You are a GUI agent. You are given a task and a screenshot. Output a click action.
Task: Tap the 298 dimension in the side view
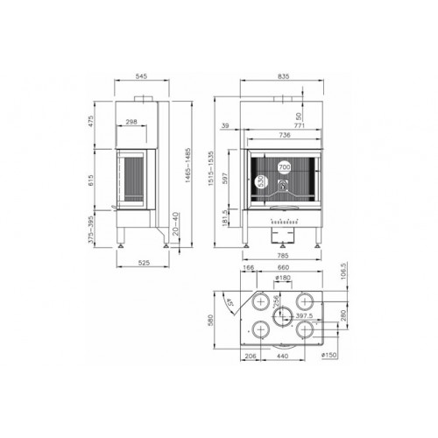pos(131,123)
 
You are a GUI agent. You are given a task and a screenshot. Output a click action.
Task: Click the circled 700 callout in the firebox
pos(284,166)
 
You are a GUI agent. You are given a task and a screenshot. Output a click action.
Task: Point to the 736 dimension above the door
pos(284,136)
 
